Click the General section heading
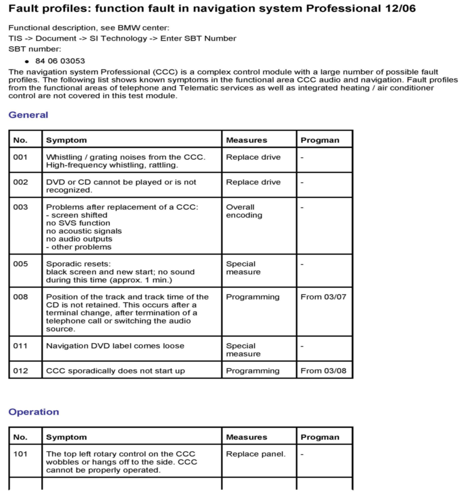[28, 115]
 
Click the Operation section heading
[34, 412]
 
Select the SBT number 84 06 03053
[60, 61]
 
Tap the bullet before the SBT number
[27, 61]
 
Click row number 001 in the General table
[20, 157]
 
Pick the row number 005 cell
[20, 264]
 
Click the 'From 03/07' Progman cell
[323, 297]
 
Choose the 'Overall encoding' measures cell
[244, 211]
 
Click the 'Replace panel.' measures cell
[256, 454]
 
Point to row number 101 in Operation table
[20, 454]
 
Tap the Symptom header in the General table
[66, 140]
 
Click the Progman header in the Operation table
[320, 437]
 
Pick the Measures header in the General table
[247, 140]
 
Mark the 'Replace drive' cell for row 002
[253, 182]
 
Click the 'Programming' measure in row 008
[253, 297]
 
